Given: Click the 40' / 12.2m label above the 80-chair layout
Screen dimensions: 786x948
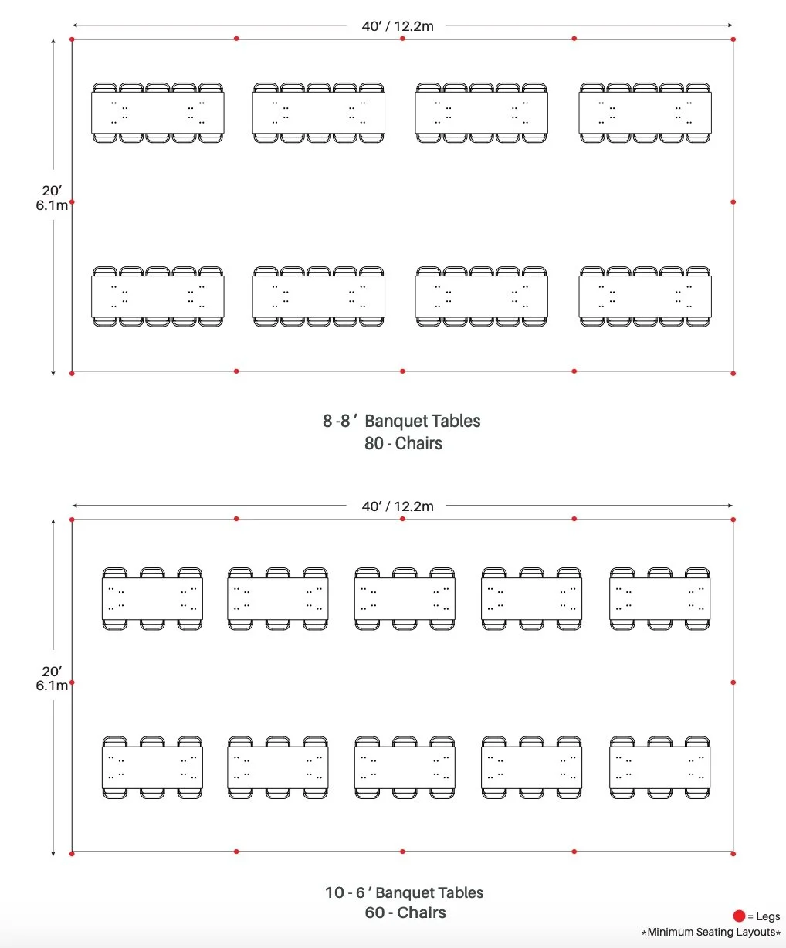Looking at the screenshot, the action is point(398,26).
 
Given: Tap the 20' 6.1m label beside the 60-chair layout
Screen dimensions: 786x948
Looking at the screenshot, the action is point(52,679).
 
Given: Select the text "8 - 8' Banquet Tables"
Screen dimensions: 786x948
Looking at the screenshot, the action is point(401,421).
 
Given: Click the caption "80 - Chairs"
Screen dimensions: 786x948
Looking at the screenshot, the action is point(403,443).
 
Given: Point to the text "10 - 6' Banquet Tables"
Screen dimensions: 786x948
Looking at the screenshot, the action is point(404,892).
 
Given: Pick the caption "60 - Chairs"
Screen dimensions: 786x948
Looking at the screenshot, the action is point(405,912).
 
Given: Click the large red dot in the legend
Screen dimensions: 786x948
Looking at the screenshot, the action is point(739,916).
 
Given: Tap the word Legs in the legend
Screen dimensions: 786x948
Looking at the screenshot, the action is point(767,917).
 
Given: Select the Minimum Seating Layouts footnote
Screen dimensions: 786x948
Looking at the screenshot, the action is point(710,933).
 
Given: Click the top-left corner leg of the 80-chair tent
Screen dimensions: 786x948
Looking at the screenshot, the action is point(72,39).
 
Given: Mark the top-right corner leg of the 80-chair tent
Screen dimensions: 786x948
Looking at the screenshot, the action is point(733,39).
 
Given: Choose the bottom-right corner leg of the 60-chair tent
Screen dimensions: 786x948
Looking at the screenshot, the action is point(733,853).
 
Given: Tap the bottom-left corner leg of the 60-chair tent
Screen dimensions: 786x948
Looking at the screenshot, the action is point(72,853).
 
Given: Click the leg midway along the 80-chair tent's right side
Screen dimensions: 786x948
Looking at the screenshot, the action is point(733,202).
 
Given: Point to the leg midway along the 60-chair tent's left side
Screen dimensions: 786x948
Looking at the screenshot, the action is point(72,682).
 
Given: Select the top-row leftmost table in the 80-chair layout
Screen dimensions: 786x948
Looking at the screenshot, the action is point(158,113).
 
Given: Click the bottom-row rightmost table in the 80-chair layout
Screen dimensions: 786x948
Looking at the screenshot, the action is point(645,296).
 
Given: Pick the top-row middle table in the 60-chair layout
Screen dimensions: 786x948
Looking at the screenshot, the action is point(405,599).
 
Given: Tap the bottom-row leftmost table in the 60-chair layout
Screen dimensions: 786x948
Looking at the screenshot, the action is point(152,767).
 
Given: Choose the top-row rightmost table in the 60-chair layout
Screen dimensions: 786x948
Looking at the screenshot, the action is point(659,599).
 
